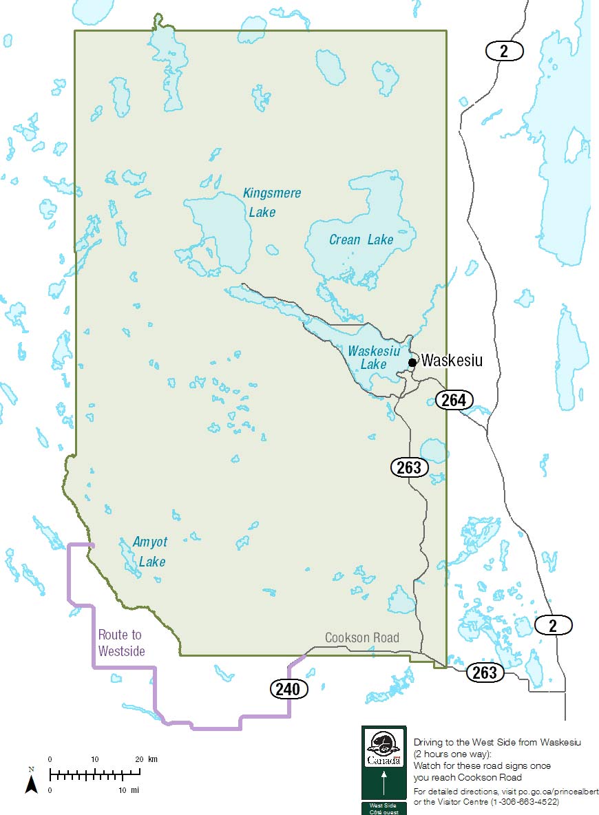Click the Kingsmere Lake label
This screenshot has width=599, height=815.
click(x=271, y=202)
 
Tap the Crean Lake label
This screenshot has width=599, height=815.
click(x=361, y=240)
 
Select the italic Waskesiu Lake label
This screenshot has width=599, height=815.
click(x=373, y=357)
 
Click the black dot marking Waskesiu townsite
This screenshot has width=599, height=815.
click(x=412, y=362)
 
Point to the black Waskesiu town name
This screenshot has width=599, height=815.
click(x=452, y=360)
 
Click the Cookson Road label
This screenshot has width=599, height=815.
click(x=361, y=637)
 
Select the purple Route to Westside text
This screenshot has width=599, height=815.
click(x=121, y=642)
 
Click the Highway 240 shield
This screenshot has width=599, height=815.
click(x=288, y=688)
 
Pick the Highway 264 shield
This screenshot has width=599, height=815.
click(x=454, y=400)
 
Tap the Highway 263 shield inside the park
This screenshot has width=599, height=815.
click(x=410, y=467)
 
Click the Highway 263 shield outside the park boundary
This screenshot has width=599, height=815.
click(x=485, y=673)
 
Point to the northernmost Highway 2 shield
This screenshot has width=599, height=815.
click(x=505, y=50)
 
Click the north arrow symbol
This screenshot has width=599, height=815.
click(x=31, y=781)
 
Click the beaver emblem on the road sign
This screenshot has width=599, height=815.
click(x=383, y=743)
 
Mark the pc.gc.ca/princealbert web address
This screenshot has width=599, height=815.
click(x=547, y=792)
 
